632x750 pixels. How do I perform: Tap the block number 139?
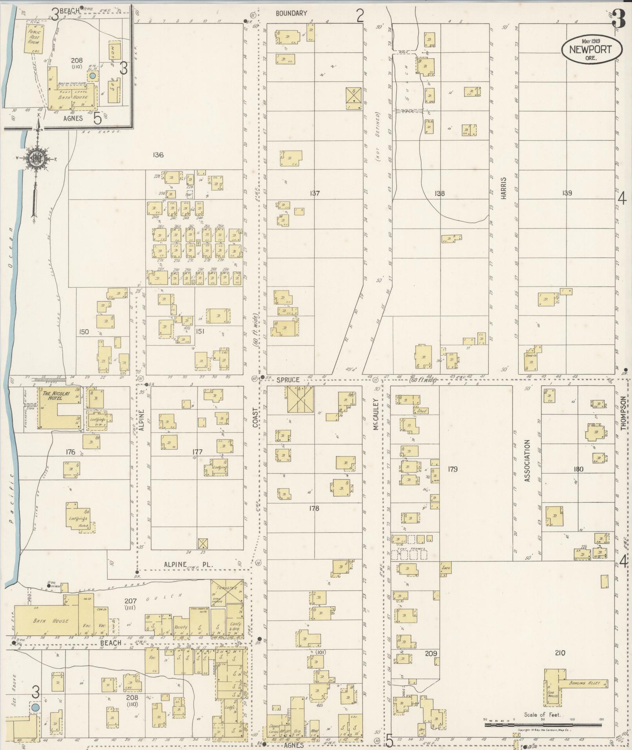click(567, 193)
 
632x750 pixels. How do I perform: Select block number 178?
click(314, 508)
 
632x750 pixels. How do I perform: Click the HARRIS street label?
click(503, 188)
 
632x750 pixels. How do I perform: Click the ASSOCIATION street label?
click(527, 461)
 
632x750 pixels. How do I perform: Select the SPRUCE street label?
click(288, 380)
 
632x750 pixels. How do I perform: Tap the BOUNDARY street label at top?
click(291, 13)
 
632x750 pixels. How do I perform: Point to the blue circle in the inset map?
click(92, 75)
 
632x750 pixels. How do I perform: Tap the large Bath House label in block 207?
click(56, 621)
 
